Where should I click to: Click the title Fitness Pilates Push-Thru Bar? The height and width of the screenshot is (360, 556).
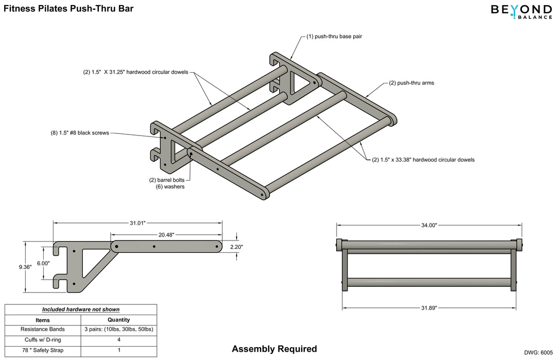click(68, 8)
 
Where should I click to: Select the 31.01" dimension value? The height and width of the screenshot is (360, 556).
click(137, 223)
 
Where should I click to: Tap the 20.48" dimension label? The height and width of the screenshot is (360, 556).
click(166, 234)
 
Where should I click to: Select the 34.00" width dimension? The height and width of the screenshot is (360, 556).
click(429, 225)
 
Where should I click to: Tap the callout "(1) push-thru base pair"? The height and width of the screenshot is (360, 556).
click(334, 37)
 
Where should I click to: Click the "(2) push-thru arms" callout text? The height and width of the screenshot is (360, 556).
click(411, 82)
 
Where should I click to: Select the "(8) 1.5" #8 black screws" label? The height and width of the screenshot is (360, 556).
click(80, 133)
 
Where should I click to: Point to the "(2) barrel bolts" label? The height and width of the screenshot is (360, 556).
click(167, 180)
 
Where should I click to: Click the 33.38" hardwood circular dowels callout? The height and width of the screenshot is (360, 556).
click(423, 160)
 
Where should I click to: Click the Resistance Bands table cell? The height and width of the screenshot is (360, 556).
click(43, 329)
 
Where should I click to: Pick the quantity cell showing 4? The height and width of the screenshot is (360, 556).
click(118, 340)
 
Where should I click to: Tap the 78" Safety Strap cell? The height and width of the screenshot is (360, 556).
click(43, 351)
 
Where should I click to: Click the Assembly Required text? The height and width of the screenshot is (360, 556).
click(274, 349)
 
